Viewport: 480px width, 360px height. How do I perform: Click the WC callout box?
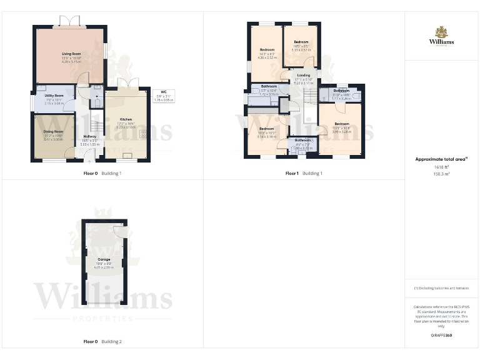[163, 96]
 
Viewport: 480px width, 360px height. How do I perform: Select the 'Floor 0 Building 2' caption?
[102, 342]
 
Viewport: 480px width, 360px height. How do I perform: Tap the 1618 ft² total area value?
[441, 167]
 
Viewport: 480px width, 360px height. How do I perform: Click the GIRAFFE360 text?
[441, 336]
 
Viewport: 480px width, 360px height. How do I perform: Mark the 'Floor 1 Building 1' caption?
[304, 173]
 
